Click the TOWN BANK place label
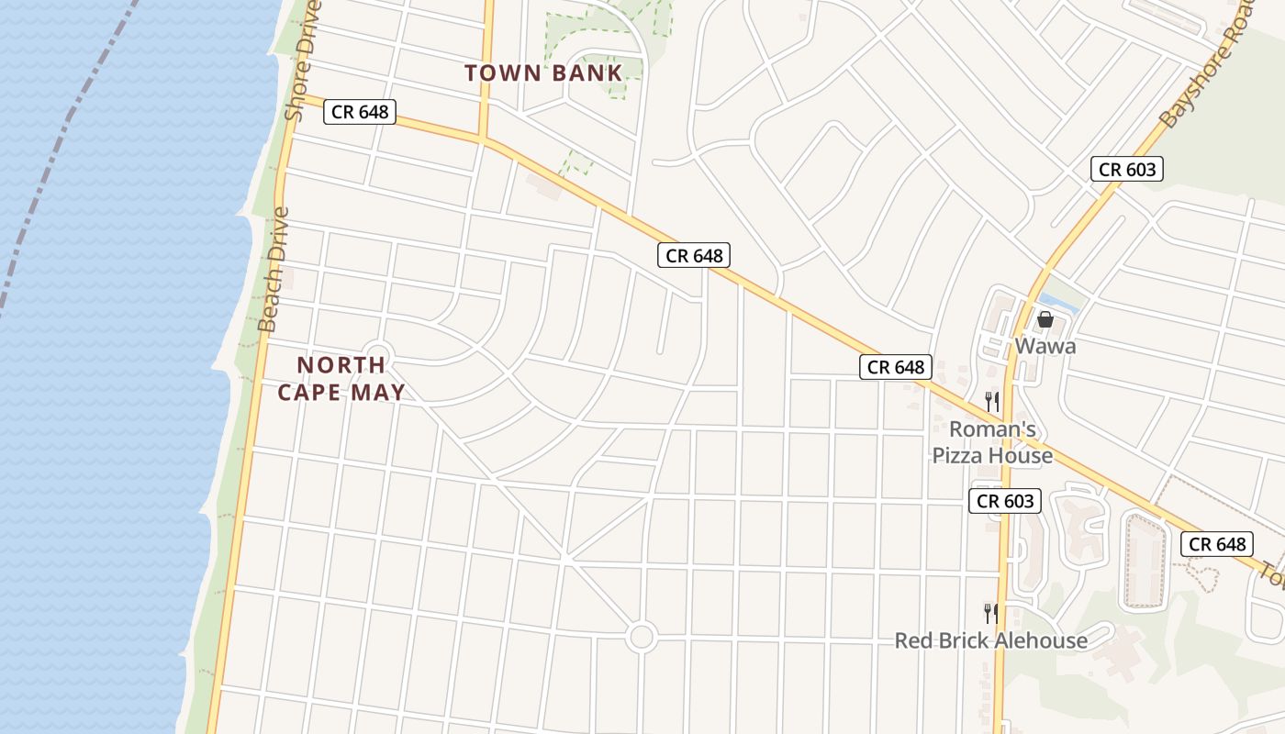[x=543, y=73]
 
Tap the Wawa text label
[x=1045, y=347]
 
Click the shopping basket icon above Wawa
[x=1045, y=319]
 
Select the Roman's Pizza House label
[x=992, y=442]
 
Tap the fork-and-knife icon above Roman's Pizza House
[x=991, y=401]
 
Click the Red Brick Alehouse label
[x=990, y=640]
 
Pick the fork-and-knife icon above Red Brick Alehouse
[x=990, y=613]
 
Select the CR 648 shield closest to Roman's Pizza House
[x=896, y=367]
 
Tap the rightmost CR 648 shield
[x=1217, y=544]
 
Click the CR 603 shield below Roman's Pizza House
[x=1005, y=501]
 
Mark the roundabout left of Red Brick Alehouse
[x=641, y=636]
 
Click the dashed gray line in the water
[x=55, y=156]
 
